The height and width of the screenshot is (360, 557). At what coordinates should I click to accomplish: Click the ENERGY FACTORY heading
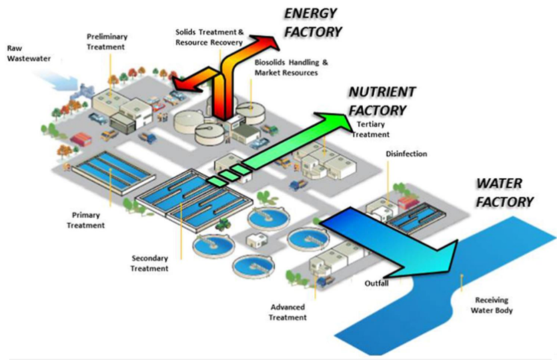pyautogui.click(x=312, y=23)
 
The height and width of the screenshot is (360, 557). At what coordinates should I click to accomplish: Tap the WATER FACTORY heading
pyautogui.click(x=504, y=192)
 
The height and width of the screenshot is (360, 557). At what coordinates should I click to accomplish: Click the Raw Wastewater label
pyautogui.click(x=24, y=53)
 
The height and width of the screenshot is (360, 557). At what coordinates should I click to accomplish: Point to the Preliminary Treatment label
pyautogui.click(x=107, y=41)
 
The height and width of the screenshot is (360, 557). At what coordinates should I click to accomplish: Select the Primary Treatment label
pyautogui.click(x=85, y=220)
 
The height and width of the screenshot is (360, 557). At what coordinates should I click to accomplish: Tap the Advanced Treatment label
pyautogui.click(x=288, y=312)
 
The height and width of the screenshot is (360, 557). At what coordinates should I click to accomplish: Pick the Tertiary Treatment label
pyautogui.click(x=370, y=129)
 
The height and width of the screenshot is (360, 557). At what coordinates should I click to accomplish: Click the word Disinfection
pyautogui.click(x=406, y=154)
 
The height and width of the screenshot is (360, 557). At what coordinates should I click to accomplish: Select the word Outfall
pyautogui.click(x=376, y=283)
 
